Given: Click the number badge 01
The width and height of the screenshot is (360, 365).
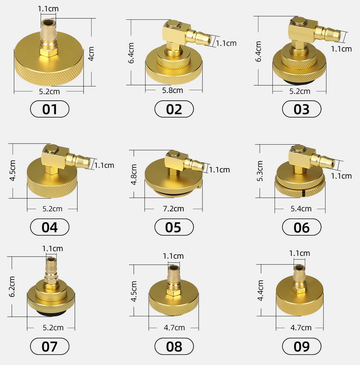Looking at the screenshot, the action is point(49,109).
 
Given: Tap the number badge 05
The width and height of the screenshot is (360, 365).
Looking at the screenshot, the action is point(174,227).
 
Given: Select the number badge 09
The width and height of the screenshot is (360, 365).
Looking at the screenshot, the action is point(301,346).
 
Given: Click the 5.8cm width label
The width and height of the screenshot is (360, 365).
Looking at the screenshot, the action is point(173,90).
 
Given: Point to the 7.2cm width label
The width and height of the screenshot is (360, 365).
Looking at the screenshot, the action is point(173,209).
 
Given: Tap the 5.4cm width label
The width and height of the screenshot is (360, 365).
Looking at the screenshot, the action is point(301,209).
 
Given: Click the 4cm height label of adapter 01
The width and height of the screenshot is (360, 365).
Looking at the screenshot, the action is point(91,54).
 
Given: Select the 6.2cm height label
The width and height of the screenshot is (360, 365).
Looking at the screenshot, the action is point(12,287).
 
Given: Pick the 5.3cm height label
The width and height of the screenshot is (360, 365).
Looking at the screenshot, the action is point(260,171).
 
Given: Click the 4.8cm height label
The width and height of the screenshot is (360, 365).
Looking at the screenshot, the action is point(134,175).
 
